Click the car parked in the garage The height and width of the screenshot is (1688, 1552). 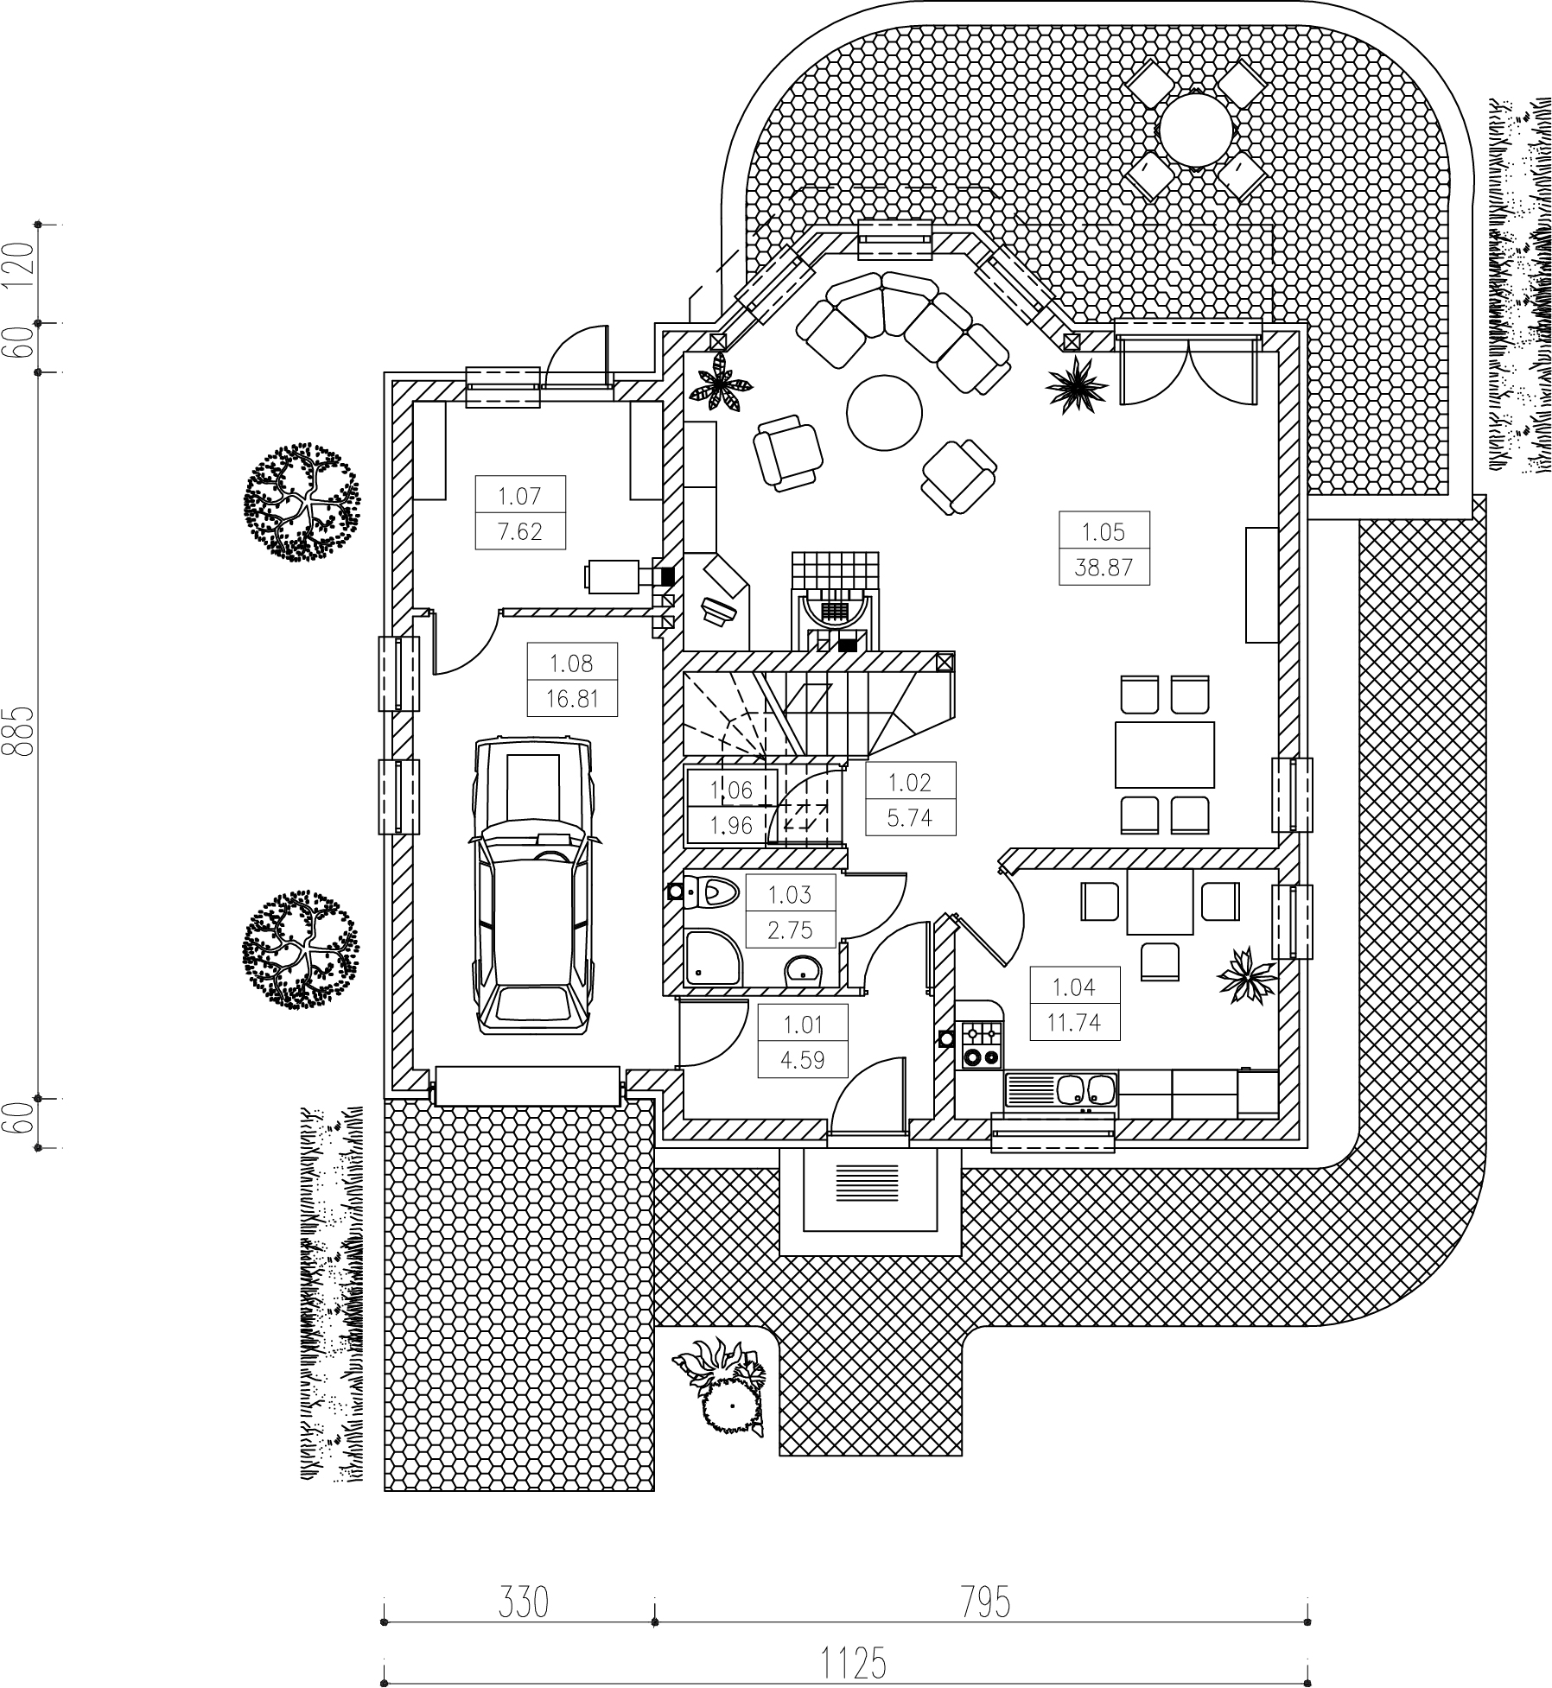click(532, 885)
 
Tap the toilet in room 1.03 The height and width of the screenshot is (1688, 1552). click(709, 891)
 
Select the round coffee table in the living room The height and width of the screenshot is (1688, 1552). click(884, 410)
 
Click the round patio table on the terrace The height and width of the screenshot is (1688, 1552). click(1196, 132)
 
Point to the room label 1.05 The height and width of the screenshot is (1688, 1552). click(1104, 532)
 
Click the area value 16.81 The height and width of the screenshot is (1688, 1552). click(572, 698)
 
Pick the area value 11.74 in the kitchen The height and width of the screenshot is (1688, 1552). click(1074, 1023)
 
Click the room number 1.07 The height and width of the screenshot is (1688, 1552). click(519, 496)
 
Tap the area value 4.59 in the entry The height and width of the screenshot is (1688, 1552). click(803, 1060)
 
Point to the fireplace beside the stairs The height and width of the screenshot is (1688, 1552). click(834, 601)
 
